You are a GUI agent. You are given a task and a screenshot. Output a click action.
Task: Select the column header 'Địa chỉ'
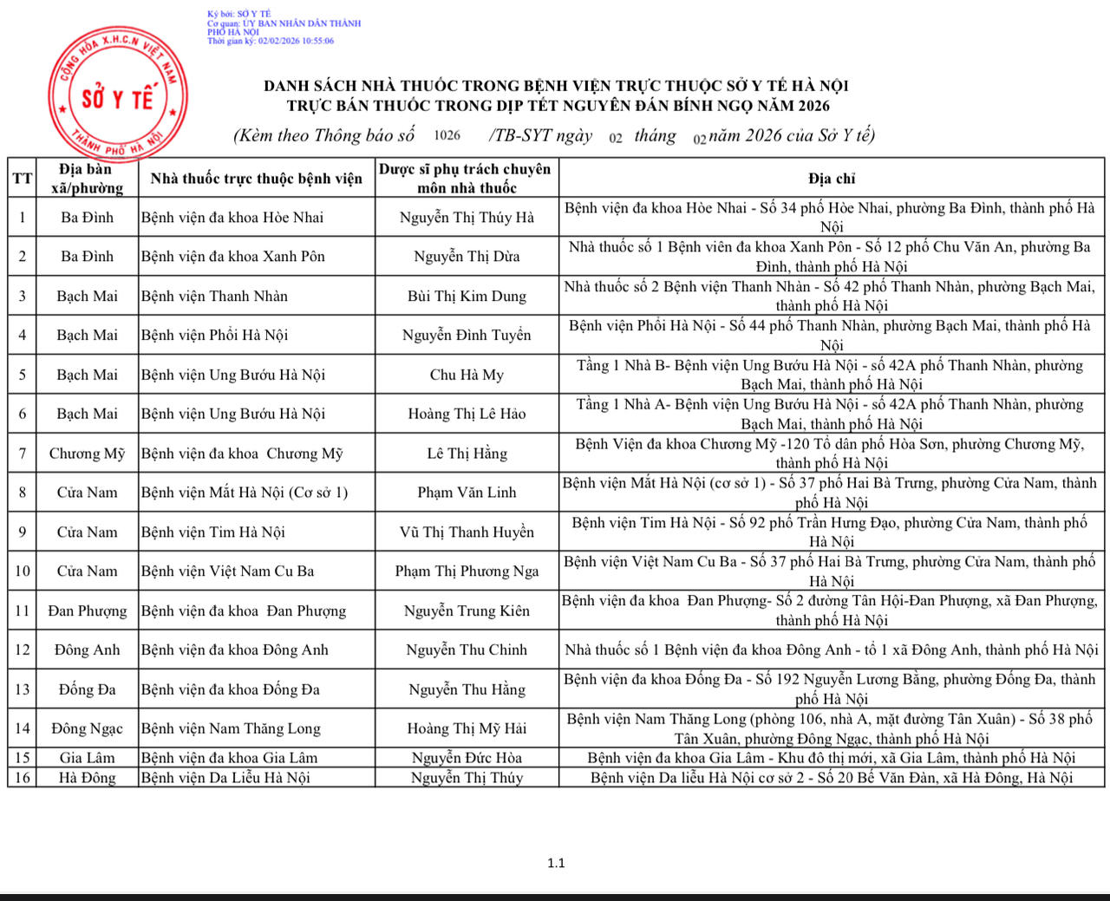click(831, 179)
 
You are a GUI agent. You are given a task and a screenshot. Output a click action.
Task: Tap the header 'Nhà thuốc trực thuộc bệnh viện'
click(256, 179)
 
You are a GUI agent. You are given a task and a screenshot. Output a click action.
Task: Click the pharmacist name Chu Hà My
click(467, 375)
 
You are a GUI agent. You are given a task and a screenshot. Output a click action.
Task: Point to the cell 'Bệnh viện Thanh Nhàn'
click(214, 296)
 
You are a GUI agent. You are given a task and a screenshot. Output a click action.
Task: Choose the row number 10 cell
click(22, 571)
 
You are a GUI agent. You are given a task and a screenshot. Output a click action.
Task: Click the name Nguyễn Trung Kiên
click(467, 610)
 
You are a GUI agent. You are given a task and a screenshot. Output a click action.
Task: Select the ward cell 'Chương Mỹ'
click(87, 454)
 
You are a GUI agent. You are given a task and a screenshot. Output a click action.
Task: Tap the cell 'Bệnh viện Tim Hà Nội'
click(212, 532)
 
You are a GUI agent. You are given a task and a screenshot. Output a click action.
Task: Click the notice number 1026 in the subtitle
click(447, 135)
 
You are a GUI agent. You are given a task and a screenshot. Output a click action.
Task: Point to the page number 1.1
click(556, 863)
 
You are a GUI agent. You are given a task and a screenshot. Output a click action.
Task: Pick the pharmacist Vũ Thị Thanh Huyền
click(467, 532)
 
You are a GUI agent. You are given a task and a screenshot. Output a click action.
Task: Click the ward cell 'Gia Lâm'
click(87, 757)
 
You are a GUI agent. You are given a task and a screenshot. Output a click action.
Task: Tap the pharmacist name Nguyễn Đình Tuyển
click(467, 335)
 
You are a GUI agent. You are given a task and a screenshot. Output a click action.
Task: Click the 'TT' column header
click(22, 179)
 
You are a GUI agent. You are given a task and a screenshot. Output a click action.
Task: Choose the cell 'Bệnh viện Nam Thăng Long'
click(231, 728)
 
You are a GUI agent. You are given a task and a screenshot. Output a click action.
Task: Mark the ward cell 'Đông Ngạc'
click(87, 728)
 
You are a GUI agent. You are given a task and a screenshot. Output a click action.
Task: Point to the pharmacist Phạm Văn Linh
click(467, 493)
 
